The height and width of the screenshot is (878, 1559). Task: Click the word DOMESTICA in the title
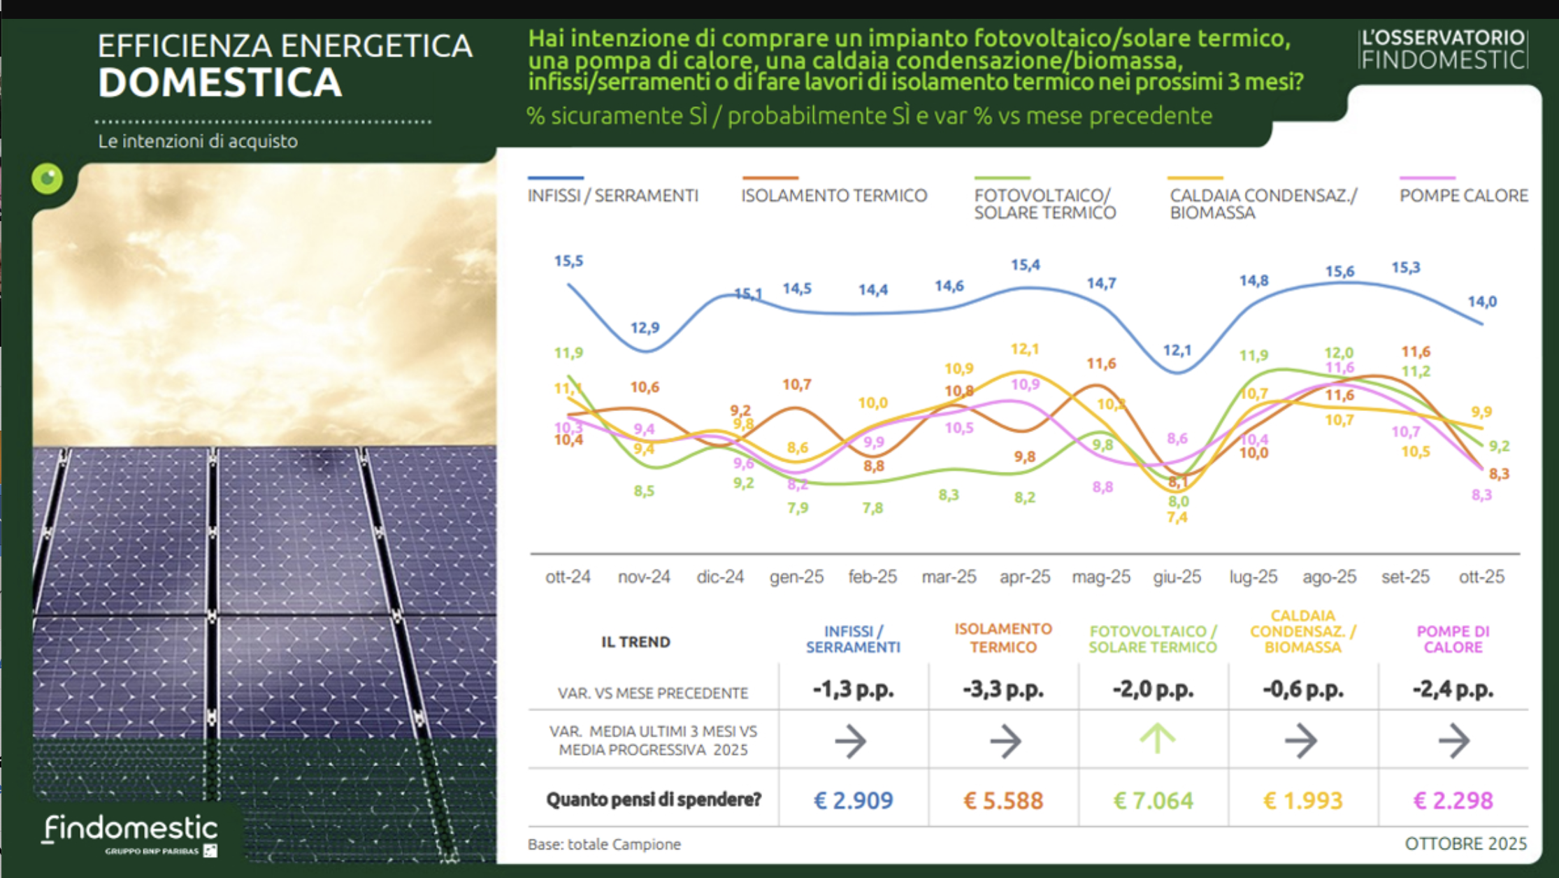tap(220, 83)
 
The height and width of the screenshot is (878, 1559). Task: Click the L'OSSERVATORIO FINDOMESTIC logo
tap(1443, 49)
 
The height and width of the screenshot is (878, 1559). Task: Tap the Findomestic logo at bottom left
tap(131, 833)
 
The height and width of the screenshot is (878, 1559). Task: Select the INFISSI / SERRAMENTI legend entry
tap(612, 196)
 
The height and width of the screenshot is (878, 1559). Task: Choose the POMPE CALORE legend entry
tap(1463, 196)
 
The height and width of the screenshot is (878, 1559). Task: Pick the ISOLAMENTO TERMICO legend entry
tap(833, 196)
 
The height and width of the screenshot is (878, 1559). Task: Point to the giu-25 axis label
tap(1177, 577)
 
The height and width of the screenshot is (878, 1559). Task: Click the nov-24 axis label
tap(643, 577)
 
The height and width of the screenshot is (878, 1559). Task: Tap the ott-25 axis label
tap(1481, 577)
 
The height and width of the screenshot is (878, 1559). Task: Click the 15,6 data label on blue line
tap(1339, 271)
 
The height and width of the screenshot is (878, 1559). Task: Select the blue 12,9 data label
tap(645, 328)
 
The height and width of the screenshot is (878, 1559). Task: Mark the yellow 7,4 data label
tap(1177, 518)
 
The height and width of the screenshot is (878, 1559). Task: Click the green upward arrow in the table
tap(1157, 739)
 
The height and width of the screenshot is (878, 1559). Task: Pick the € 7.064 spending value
tap(1153, 800)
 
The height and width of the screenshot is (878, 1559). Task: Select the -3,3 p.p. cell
tap(1003, 690)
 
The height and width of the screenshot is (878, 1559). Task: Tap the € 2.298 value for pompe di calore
tap(1453, 800)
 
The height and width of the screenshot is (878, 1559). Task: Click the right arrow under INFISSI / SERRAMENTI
tap(851, 741)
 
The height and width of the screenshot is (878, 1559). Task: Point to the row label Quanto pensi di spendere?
tap(653, 800)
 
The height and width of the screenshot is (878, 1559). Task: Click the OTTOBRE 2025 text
tap(1465, 844)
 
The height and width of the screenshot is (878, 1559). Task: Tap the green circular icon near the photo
tap(48, 179)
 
